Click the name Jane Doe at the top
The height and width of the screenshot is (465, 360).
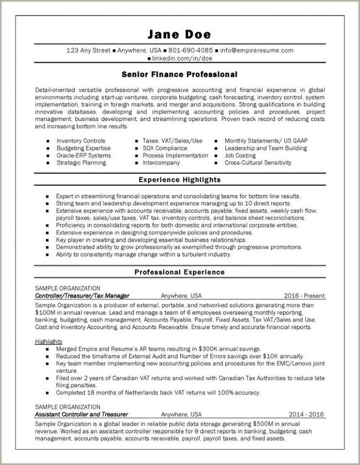pyautogui.click(x=179, y=34)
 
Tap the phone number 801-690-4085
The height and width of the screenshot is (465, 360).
pyautogui.click(x=191, y=50)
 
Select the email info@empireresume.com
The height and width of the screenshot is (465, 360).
pyautogui.click(x=257, y=50)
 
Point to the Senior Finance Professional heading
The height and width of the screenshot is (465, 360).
pyautogui.click(x=179, y=74)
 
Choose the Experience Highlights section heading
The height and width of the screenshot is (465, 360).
pyautogui.click(x=179, y=180)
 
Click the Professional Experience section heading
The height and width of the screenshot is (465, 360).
pyautogui.click(x=179, y=272)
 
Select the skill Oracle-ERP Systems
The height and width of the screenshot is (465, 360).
pyautogui.click(x=84, y=155)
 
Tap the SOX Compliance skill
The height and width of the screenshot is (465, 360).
pyautogui.click(x=165, y=148)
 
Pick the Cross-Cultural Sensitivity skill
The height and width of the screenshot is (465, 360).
pyautogui.click(x=258, y=163)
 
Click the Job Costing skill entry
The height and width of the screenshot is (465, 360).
pyautogui.click(x=240, y=155)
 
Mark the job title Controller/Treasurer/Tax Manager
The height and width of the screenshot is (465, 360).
pyautogui.click(x=82, y=296)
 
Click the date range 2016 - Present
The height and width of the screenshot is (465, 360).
pyautogui.click(x=305, y=296)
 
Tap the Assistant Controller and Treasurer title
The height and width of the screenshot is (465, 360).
pyautogui.click(x=82, y=415)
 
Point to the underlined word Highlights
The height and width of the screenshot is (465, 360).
pyautogui.click(x=48, y=341)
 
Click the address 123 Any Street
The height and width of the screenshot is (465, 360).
pyautogui.click(x=88, y=50)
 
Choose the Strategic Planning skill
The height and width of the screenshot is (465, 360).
pyautogui.click(x=81, y=163)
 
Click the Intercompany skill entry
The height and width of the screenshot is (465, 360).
pyautogui.click(x=161, y=163)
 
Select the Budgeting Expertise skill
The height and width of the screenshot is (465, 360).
pyautogui.click(x=84, y=148)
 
